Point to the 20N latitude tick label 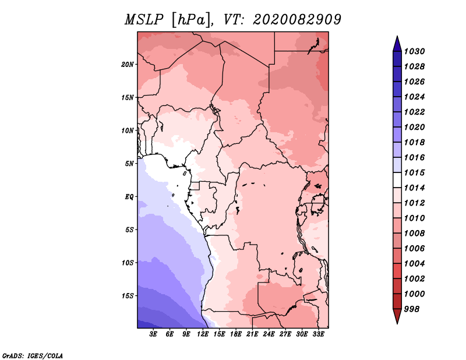point(128,64)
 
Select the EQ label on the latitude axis point(129,196)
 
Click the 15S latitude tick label point(128,295)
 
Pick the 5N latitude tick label point(129,163)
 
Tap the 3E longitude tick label point(154,334)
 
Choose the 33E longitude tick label point(318,334)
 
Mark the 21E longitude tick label point(252,334)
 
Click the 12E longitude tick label point(203,334)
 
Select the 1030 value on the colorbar point(415,51)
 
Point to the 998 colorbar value point(413,309)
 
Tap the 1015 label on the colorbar point(415,172)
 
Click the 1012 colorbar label point(415,203)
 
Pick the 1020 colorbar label point(415,127)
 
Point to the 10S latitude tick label point(128,262)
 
